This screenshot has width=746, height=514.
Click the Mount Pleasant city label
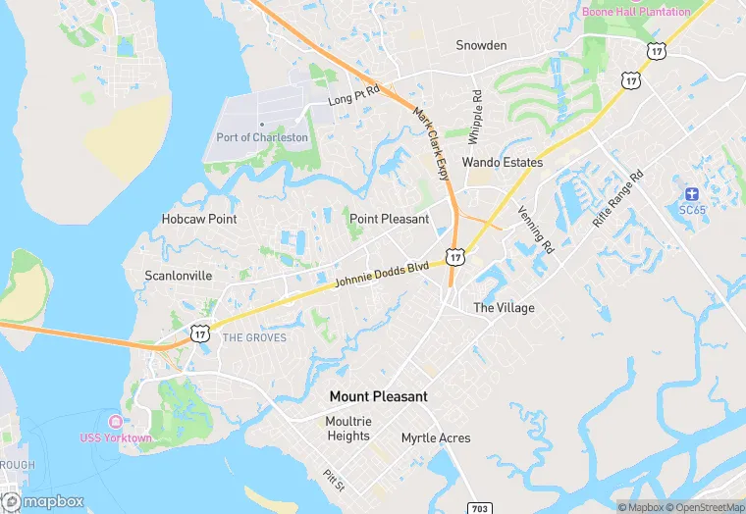pos(378,396)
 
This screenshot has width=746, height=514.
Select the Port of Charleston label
pos(262,137)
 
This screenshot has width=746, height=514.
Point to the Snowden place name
pos(481,45)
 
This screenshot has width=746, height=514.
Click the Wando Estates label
pos(503,162)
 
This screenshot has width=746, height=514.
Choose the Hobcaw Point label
pos(199,219)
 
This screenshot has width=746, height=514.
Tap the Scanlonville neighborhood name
pos(179,276)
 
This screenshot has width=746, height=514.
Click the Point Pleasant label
pos(390,218)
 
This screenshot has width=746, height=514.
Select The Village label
pos(505,308)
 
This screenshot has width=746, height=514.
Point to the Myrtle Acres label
pos(436,437)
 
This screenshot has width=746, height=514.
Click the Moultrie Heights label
pos(348,429)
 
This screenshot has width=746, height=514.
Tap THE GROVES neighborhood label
pos(255,337)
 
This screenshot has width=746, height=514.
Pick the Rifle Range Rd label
pos(617,199)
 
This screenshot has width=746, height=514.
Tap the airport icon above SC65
pos(692,192)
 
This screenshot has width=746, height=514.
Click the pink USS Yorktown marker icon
pos(116,421)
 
